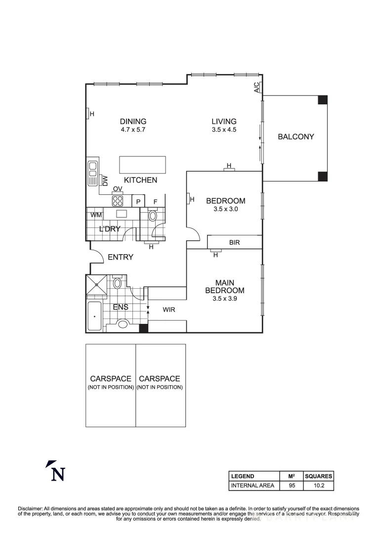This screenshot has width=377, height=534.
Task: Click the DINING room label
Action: tap(133, 121)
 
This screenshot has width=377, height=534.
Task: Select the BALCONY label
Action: tap(295, 137)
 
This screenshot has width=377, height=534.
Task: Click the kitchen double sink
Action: tap(92, 174)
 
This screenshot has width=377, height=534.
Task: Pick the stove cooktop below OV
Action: tap(118, 200)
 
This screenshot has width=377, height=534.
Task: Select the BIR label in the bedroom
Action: tap(235, 243)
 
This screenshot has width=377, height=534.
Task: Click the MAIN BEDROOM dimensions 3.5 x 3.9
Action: tap(224, 299)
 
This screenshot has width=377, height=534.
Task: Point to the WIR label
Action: tap(169, 310)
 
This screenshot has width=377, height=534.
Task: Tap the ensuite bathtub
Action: tap(94, 315)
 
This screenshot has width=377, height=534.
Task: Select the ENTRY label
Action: tap(120, 257)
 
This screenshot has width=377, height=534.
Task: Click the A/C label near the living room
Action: tap(256, 88)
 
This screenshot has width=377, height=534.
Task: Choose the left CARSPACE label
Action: tap(110, 379)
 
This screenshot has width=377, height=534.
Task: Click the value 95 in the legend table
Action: tap(292, 486)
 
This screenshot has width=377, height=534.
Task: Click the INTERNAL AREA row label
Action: tap(252, 486)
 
